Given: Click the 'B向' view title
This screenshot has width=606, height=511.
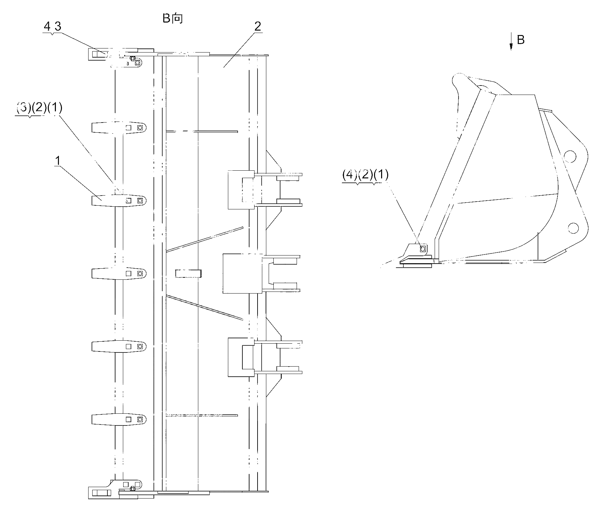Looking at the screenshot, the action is pos(173,18).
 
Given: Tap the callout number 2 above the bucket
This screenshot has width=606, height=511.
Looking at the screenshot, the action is pos(258,27).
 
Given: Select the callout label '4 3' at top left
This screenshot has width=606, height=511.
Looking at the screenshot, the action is pos(53,27).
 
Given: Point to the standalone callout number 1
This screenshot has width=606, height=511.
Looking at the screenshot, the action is pos(58,161).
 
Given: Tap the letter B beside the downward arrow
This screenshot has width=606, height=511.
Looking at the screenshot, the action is pos(520,40).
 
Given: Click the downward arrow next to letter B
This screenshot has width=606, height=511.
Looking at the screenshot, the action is pos(511,42).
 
